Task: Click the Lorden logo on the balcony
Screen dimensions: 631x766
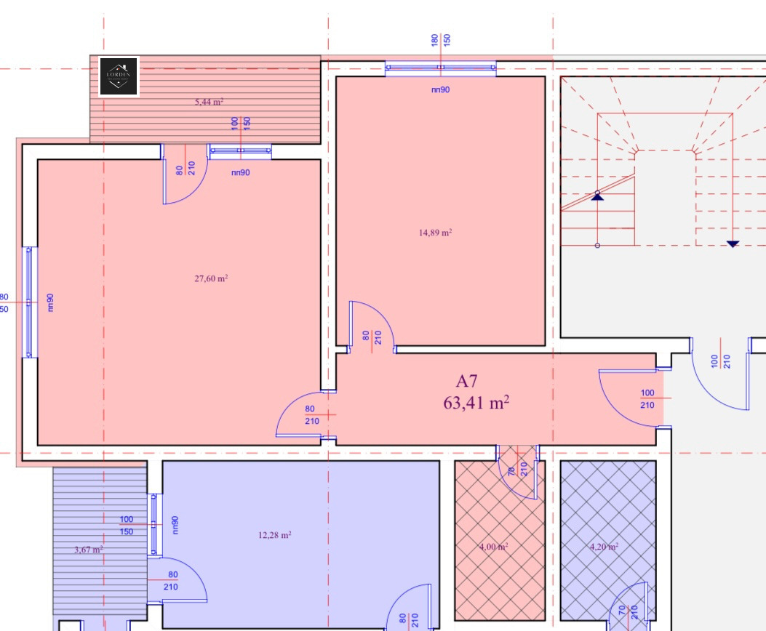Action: coord(119,76)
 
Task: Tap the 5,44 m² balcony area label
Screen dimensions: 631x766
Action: coord(209,103)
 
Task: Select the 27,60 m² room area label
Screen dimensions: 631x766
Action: coord(211,278)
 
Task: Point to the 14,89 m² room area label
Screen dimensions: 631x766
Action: coord(435,233)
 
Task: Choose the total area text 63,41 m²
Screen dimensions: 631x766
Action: coord(476,403)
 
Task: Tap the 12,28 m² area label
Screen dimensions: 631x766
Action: coord(274,535)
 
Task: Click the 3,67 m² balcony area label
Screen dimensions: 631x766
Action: coord(88,550)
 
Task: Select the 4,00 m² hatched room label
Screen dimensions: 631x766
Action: coord(493,547)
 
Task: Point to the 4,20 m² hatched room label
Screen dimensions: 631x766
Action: coord(604,547)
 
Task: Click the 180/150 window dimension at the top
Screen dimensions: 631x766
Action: coord(441,40)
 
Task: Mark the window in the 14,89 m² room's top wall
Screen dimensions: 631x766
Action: coord(440,69)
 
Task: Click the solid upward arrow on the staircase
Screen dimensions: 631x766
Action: coord(597,195)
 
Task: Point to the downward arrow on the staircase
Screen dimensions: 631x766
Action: coord(733,244)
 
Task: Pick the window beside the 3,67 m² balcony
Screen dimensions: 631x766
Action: coord(153,524)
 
